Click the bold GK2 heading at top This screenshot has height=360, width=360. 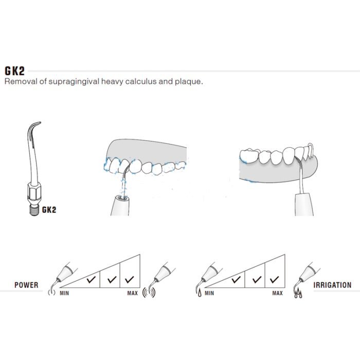click(15, 71)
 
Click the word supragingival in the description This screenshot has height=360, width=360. click(74, 82)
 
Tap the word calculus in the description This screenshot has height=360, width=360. click(141, 81)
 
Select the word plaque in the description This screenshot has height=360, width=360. click(189, 82)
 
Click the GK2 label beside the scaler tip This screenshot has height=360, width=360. click(49, 210)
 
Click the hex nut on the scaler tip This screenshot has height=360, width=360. click(34, 191)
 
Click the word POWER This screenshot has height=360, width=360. click(26, 285)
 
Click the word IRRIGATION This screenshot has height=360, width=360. click(332, 285)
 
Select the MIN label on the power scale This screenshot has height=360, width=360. click(64, 293)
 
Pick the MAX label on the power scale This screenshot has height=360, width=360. click(133, 293)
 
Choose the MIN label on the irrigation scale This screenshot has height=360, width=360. click(209, 293)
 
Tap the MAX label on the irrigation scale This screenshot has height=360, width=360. click(278, 293)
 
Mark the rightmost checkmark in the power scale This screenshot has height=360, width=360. click(130, 279)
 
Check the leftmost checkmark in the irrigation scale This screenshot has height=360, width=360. click(236, 279)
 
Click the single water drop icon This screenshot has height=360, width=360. click(200, 293)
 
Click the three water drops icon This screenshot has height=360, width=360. click(298, 293)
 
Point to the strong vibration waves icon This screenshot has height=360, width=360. click(149, 293)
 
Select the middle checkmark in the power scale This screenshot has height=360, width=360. click(112, 279)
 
